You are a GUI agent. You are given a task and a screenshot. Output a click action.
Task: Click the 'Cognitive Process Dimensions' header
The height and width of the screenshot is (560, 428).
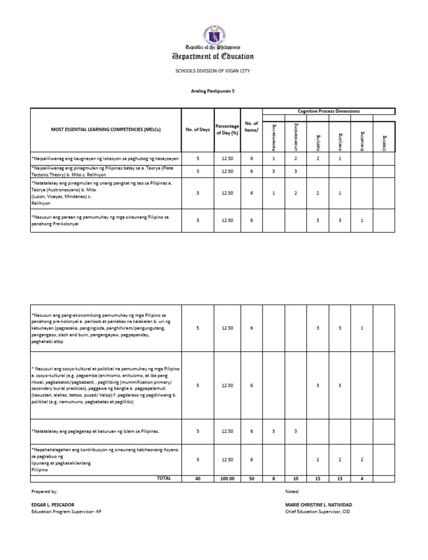point(329,111)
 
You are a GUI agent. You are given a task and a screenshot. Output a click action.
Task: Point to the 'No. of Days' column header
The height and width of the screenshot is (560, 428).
point(198,130)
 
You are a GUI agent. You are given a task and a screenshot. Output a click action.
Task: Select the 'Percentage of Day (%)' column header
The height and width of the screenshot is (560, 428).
point(227,130)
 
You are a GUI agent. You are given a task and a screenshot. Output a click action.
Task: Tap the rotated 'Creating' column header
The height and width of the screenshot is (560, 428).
point(384,140)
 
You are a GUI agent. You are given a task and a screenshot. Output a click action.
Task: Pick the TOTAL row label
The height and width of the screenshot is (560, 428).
point(164,478)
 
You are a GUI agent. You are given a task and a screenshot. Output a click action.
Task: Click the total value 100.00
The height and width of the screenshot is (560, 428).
point(227,478)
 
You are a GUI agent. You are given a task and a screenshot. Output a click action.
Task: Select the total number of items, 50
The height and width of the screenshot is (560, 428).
point(251,478)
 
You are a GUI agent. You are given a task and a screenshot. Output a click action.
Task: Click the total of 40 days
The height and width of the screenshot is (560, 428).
point(198,478)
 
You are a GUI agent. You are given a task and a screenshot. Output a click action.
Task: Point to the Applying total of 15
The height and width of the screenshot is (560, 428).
point(318,478)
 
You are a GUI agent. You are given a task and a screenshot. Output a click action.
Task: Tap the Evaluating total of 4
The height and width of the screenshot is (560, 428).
point(362,478)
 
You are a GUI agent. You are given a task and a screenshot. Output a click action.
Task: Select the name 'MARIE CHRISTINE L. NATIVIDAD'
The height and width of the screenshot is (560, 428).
point(318,504)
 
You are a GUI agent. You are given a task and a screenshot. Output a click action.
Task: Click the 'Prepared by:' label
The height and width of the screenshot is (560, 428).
point(45,492)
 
